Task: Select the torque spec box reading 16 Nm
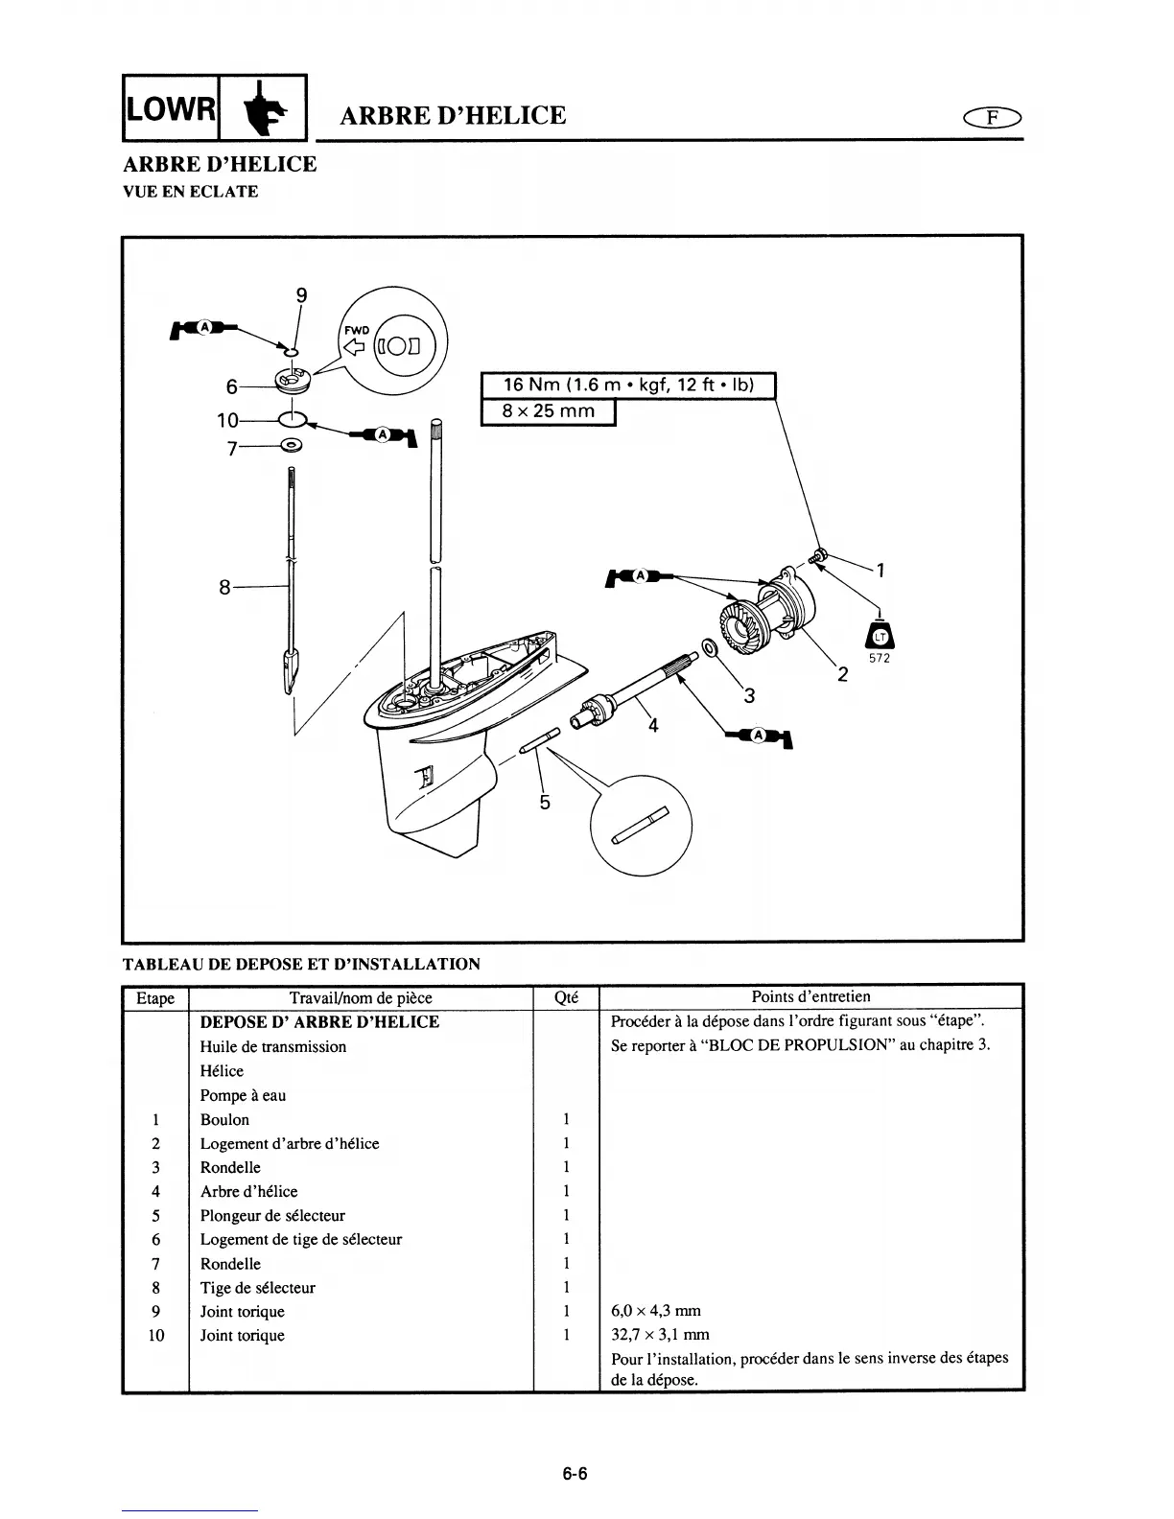[x=627, y=386]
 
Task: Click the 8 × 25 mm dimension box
[x=548, y=411]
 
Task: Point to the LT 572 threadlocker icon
[x=880, y=640]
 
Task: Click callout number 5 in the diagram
[x=544, y=802]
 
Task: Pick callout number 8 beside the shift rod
[x=224, y=587]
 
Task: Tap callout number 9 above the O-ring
[x=301, y=296]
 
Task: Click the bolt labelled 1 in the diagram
[x=819, y=554]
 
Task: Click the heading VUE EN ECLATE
[x=190, y=191]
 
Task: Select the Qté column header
[x=566, y=997]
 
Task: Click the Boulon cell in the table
[x=224, y=1119]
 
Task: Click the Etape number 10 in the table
[x=155, y=1335]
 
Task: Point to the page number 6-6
[x=575, y=1475]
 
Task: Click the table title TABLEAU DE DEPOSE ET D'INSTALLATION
[x=301, y=964]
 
